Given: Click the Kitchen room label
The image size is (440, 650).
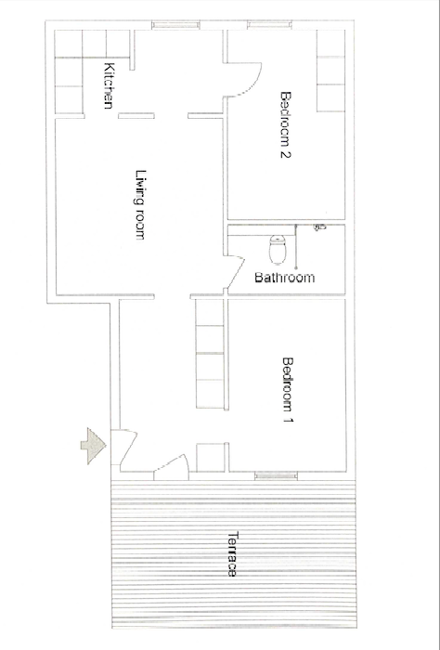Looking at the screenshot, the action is point(109,85).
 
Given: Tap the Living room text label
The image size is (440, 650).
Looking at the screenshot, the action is point(141,204).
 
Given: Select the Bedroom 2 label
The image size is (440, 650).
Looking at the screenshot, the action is point(286,124).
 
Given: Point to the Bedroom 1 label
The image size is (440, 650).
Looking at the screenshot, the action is point(288,390).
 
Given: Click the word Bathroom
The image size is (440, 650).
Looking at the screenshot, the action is point(285,278).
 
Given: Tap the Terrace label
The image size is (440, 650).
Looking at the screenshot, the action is point(233,553).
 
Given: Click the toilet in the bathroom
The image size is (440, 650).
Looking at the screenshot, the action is point(278,249).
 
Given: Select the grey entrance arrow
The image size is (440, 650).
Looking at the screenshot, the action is point(94,446).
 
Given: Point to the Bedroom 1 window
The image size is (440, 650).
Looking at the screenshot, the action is point(276,475).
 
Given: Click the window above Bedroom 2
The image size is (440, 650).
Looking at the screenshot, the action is point(269,25).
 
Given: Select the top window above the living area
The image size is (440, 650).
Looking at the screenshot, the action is point(175,25).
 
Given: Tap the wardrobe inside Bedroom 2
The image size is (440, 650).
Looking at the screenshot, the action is point(330,71).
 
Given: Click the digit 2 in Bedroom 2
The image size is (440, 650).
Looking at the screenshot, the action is point(286,154).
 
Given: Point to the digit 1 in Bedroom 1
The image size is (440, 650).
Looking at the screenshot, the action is point(288,420).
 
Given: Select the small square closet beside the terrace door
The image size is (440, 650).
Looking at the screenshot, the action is point(210,457).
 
